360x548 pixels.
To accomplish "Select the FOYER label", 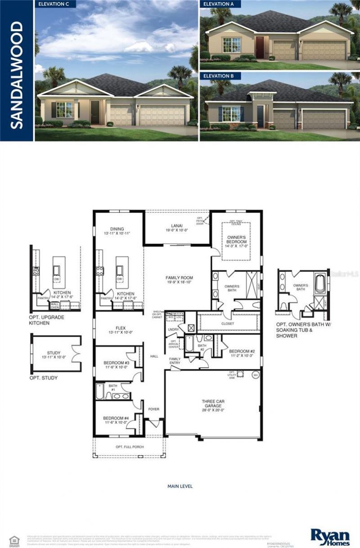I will [x=154, y=409].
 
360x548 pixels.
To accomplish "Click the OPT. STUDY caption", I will [x=43, y=378].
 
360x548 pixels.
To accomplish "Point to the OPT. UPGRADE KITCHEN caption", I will [x=46, y=320].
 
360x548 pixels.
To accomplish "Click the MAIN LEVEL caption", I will [x=180, y=486].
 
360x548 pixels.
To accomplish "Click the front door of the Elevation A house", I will [x=260, y=48].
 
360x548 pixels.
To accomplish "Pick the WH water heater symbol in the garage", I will [x=255, y=374].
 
